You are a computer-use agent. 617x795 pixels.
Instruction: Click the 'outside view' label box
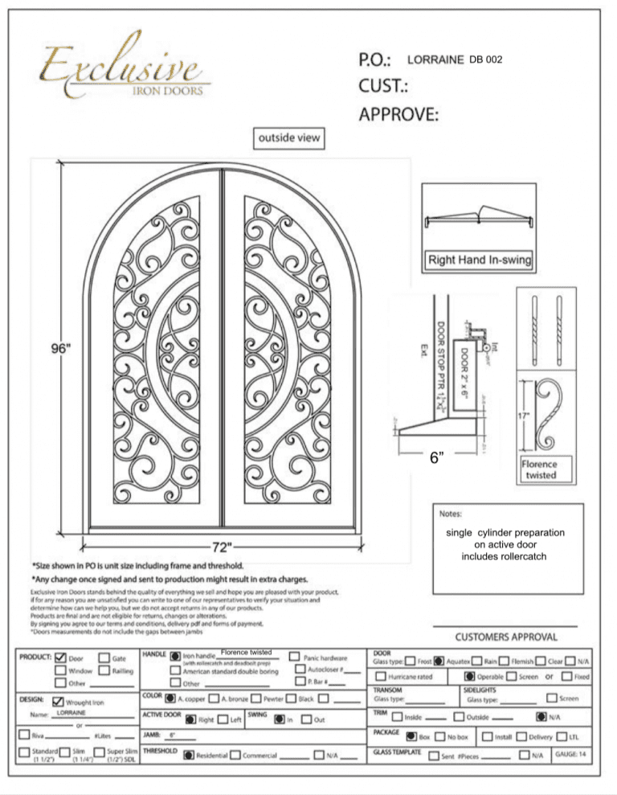[277, 137]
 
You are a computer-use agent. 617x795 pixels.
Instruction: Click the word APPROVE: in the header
[398, 114]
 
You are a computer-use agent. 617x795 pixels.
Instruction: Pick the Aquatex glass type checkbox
[439, 662]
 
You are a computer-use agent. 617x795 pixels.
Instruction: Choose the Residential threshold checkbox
[187, 755]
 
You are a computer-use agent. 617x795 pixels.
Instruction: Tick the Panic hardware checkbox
[296, 656]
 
